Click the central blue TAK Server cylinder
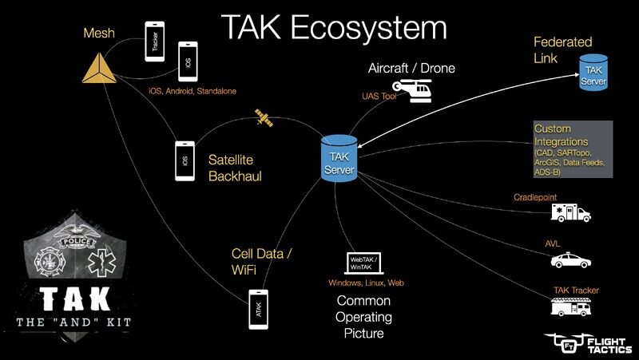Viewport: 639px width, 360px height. [337, 156]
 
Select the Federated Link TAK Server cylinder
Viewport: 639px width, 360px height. [593, 71]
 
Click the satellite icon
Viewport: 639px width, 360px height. [262, 118]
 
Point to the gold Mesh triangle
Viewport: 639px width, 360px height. [99, 70]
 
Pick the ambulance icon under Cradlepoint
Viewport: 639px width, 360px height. [571, 212]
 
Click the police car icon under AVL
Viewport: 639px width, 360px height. [571, 260]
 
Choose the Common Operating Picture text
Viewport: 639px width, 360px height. [363, 317]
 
